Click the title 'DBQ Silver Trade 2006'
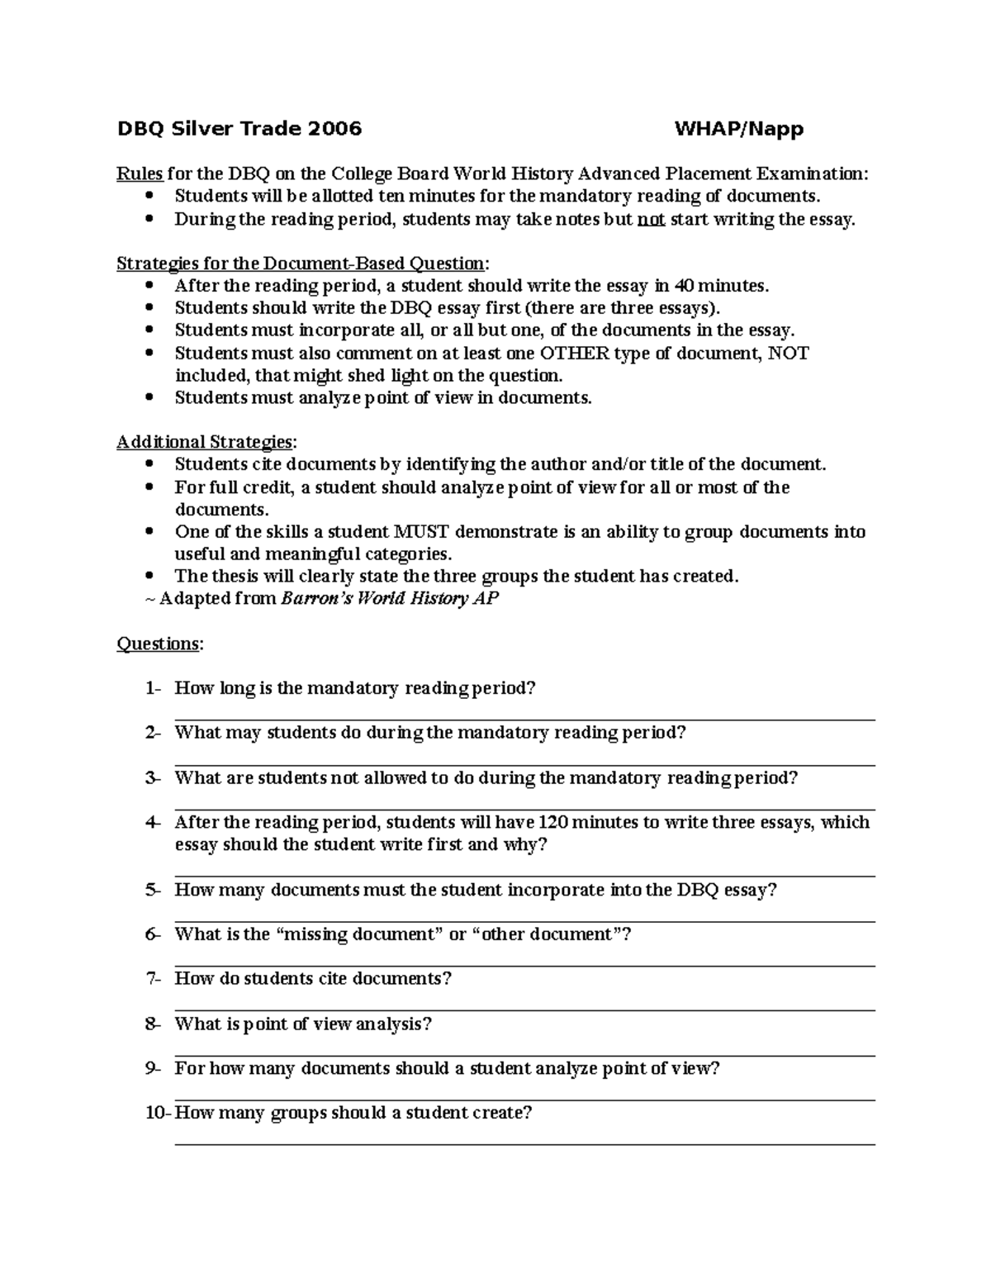[x=239, y=128]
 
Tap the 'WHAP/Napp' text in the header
[x=738, y=128]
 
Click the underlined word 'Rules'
[x=140, y=173]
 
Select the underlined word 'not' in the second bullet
[x=652, y=219]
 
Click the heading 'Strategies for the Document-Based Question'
[x=301, y=264]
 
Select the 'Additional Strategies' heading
[x=204, y=442]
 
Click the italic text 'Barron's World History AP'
[x=390, y=598]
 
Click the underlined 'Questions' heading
[x=158, y=644]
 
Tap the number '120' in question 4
[x=552, y=822]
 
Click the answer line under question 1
[x=524, y=720]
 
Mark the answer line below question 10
[x=524, y=1144]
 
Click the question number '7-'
[x=154, y=979]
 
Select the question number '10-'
[x=157, y=1113]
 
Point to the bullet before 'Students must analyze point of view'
[x=149, y=397]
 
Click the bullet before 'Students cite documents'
[x=149, y=464]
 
